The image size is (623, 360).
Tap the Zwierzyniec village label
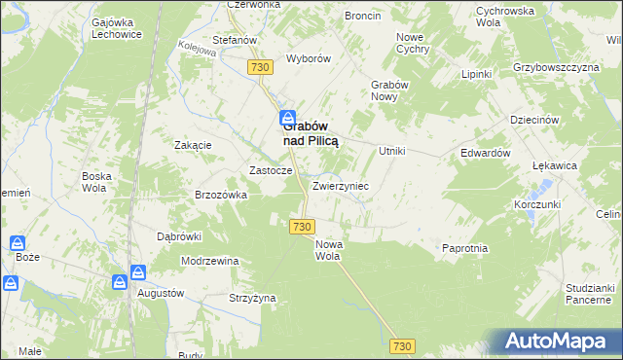point(340,185)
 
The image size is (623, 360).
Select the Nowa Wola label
point(328,251)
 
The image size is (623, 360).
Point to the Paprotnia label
point(464,249)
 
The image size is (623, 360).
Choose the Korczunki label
point(537,206)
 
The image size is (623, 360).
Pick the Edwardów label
point(486,154)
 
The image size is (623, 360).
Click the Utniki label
point(391,152)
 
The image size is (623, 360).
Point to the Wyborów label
point(309,58)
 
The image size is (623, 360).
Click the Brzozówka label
point(221,195)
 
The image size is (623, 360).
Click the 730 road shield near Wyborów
point(259,67)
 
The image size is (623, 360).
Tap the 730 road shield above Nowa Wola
point(301,226)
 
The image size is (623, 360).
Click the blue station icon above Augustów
point(138,273)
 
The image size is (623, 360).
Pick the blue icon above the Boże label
point(18,242)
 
